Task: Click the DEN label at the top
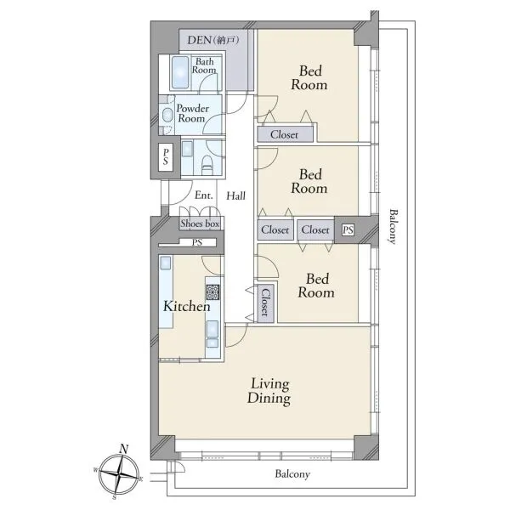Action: (x=213, y=40)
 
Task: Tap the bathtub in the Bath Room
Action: (x=180, y=72)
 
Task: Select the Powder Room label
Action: (x=193, y=113)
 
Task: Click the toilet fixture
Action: (x=207, y=165)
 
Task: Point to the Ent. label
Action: (x=204, y=195)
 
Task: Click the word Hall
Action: (x=235, y=195)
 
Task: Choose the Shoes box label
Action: (x=200, y=224)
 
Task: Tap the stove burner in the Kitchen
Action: (x=212, y=292)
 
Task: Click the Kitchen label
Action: (x=187, y=306)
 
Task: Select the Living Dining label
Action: (x=269, y=392)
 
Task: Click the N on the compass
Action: (x=123, y=449)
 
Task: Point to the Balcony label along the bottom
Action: (x=292, y=474)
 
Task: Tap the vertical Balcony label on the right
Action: (x=394, y=226)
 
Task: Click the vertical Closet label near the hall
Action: (x=265, y=303)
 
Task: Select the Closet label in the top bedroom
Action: (x=284, y=134)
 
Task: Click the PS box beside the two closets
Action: (x=348, y=230)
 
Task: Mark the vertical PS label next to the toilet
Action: (x=166, y=156)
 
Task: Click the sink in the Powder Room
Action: (x=167, y=115)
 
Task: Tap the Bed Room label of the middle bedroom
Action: (x=309, y=182)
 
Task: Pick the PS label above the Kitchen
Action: (x=197, y=242)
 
